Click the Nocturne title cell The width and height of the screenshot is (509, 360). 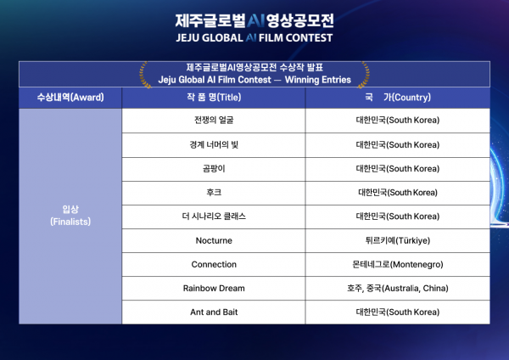(x=214, y=240)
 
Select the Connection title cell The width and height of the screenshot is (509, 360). (x=214, y=264)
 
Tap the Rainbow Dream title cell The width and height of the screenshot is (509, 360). (x=214, y=288)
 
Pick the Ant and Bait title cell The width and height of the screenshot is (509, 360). (x=214, y=312)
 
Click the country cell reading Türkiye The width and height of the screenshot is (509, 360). (x=398, y=240)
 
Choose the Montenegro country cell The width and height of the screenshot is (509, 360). (x=398, y=264)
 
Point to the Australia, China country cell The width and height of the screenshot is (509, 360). (x=398, y=288)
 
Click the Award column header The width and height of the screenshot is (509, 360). (x=70, y=98)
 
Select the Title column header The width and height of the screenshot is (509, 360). (x=214, y=98)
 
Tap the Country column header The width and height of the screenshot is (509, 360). (x=398, y=98)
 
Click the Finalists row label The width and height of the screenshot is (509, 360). (x=70, y=216)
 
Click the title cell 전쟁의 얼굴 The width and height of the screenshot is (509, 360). (x=214, y=121)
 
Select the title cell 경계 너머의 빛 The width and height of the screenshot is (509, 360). (x=214, y=145)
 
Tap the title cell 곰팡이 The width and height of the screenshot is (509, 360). (x=214, y=169)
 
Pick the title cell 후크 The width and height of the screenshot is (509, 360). (x=214, y=193)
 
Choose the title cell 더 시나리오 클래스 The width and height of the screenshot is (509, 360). (x=214, y=217)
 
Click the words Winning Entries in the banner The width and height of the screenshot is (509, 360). (x=318, y=80)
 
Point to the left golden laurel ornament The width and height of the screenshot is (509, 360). (x=145, y=75)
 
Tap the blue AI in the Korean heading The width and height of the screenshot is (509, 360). (x=256, y=20)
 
